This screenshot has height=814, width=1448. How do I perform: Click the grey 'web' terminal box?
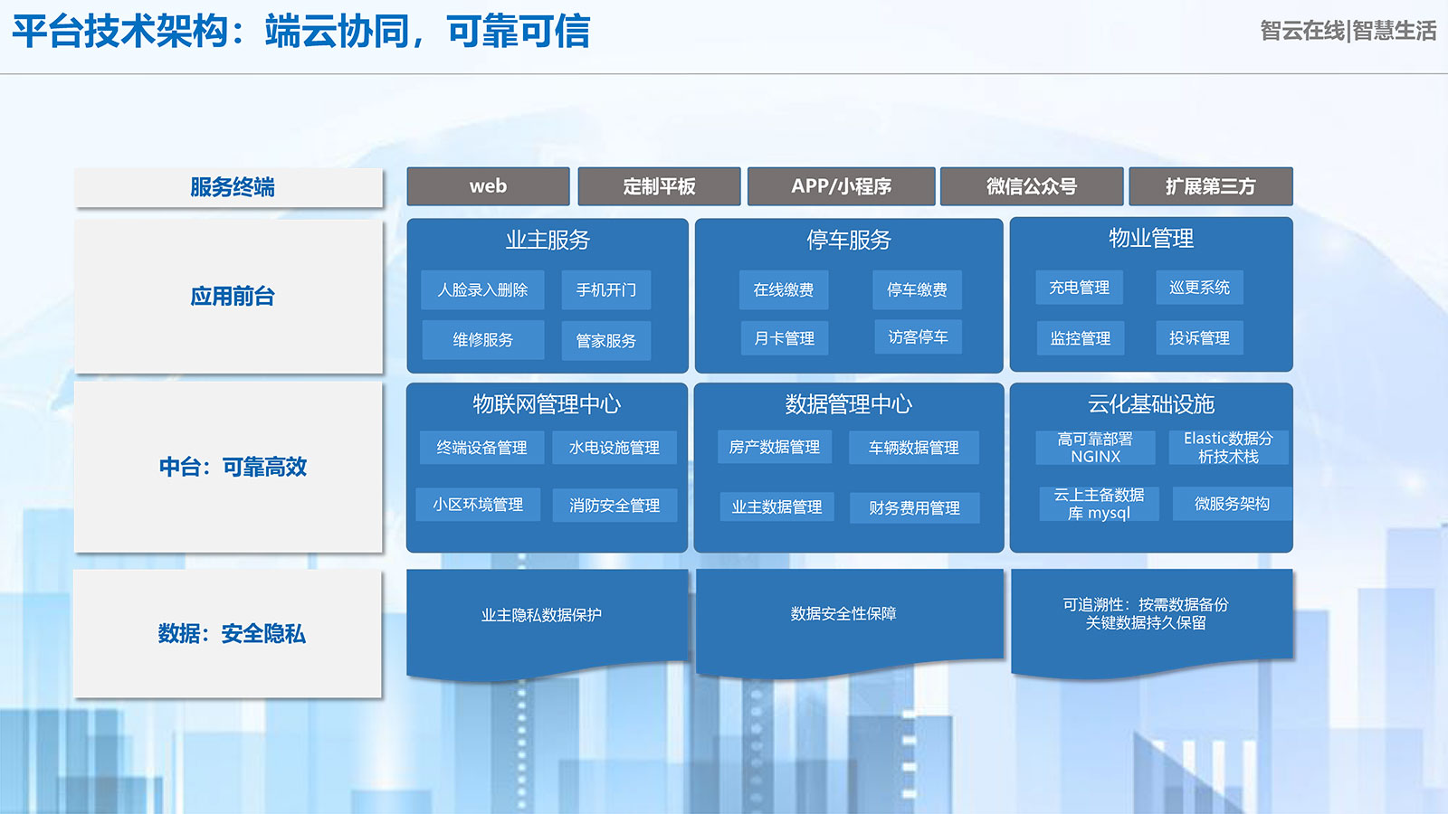(488, 186)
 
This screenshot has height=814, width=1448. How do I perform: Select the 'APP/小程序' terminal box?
(841, 186)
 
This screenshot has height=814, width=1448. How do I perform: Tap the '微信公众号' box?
(1032, 186)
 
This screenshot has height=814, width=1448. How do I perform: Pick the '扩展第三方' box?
(1210, 186)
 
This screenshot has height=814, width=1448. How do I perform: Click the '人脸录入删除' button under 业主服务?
(482, 290)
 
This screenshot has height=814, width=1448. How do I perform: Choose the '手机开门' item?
(605, 290)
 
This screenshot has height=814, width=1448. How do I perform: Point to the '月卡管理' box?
(784, 338)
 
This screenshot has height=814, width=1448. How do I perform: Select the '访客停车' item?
(918, 337)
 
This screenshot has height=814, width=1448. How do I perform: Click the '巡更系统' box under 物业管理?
(1199, 288)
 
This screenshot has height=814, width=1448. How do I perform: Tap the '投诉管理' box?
(1199, 338)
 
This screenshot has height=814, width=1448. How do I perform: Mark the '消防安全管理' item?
(614, 506)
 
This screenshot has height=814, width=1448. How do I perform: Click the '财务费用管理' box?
(914, 508)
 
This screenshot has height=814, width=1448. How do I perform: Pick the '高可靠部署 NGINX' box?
(1095, 448)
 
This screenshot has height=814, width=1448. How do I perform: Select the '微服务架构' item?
(1232, 504)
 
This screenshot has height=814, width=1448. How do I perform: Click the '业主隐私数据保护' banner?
(541, 616)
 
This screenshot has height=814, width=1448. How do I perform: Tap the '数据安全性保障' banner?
(843, 614)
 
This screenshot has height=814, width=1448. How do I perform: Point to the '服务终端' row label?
(232, 187)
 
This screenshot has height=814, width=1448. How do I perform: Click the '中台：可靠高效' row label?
(232, 467)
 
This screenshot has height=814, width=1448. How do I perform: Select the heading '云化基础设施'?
(1150, 404)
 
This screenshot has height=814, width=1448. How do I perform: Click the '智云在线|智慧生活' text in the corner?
(1348, 31)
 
